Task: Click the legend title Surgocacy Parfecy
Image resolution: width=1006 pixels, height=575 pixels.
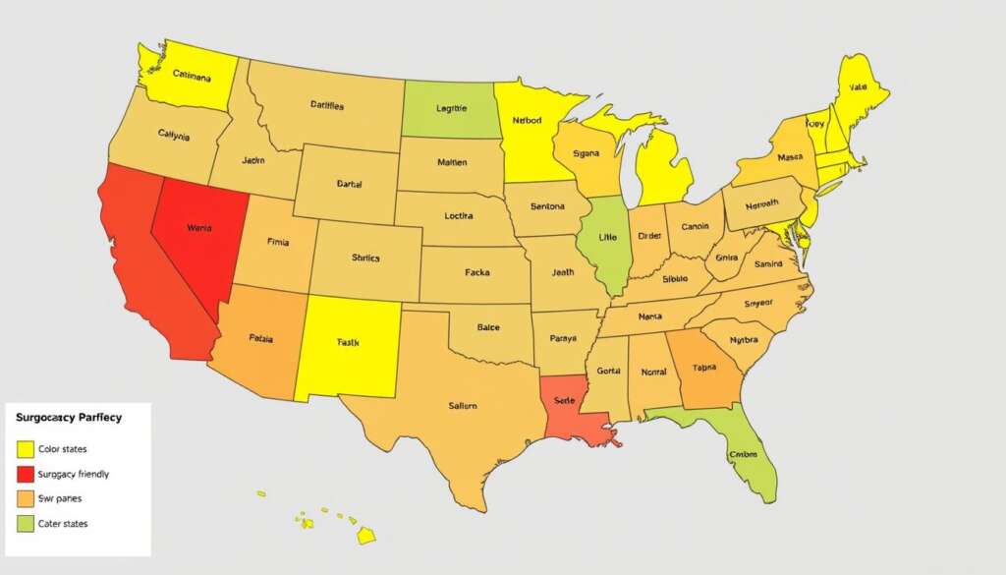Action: pyautogui.click(x=69, y=418)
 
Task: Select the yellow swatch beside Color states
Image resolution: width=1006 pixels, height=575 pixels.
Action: pyautogui.click(x=26, y=449)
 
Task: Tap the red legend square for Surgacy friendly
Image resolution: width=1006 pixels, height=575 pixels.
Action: pyautogui.click(x=26, y=474)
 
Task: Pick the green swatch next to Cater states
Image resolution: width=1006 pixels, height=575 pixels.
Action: pyautogui.click(x=26, y=524)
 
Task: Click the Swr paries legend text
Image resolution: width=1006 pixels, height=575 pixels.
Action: pyautogui.click(x=58, y=498)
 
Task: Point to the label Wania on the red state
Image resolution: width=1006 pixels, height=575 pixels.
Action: pyautogui.click(x=198, y=228)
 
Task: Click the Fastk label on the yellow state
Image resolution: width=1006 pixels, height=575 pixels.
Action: pyautogui.click(x=348, y=343)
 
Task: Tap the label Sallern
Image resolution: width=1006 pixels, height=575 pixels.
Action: pyautogui.click(x=462, y=405)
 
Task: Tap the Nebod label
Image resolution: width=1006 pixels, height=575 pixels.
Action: pyautogui.click(x=527, y=122)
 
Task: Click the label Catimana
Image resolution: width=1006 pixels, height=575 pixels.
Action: pyautogui.click(x=191, y=76)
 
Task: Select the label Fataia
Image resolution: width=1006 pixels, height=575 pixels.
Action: pyautogui.click(x=260, y=337)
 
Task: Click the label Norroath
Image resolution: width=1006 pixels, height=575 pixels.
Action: pyautogui.click(x=761, y=204)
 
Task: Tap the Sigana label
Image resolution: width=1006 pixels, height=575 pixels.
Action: pyautogui.click(x=586, y=154)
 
